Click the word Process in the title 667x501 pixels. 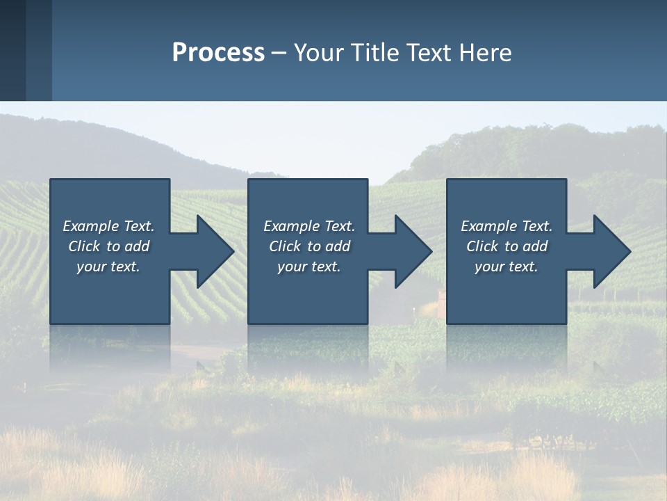[218, 53]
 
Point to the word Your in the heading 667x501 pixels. [319, 53]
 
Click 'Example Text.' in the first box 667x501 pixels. [108, 226]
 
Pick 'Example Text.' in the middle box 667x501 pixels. [309, 226]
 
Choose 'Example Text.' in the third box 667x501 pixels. [507, 226]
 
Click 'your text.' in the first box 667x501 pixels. [108, 267]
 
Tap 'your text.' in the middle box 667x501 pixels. [309, 267]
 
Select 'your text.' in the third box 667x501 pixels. [507, 267]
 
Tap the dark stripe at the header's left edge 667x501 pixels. [13, 50]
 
